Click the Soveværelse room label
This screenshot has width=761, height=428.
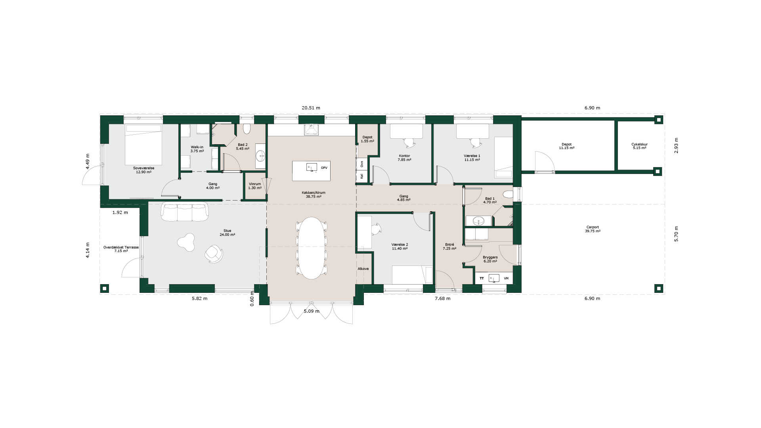pyautogui.click(x=144, y=168)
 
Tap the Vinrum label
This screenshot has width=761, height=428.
pyautogui.click(x=255, y=184)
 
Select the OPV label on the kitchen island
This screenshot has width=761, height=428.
pyautogui.click(x=324, y=168)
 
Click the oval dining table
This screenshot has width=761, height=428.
pyautogui.click(x=312, y=248)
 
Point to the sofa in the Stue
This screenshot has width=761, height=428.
pyautogui.click(x=185, y=212)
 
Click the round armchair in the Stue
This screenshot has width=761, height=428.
pyautogui.click(x=214, y=254)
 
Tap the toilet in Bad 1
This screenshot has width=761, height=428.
pyautogui.click(x=508, y=194)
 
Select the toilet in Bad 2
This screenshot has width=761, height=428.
pyautogui.click(x=247, y=129)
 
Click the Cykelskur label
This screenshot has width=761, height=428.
pyautogui.click(x=639, y=144)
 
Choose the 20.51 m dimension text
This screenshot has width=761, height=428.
pyautogui.click(x=311, y=108)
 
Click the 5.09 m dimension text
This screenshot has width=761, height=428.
pyautogui.click(x=312, y=311)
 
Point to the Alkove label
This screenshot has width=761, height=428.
pyautogui.click(x=363, y=269)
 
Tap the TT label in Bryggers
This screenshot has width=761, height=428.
pyautogui.click(x=482, y=279)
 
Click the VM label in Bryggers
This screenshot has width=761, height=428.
pyautogui.click(x=506, y=279)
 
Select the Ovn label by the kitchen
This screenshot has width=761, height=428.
pyautogui.click(x=362, y=163)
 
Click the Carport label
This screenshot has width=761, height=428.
pyautogui.click(x=593, y=227)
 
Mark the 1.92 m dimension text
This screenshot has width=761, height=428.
pyautogui.click(x=120, y=212)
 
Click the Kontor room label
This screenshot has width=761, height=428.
pyautogui.click(x=404, y=156)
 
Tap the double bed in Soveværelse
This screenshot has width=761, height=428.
pyautogui.click(x=143, y=145)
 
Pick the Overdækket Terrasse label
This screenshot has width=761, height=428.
pyautogui.click(x=121, y=247)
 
